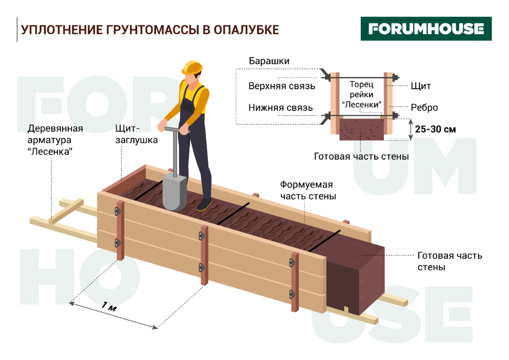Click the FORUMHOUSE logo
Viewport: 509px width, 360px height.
(426, 29)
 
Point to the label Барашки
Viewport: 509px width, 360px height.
(269, 61)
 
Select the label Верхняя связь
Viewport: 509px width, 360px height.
(282, 86)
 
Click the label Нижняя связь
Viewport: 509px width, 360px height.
(280, 108)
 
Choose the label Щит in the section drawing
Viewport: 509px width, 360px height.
(421, 86)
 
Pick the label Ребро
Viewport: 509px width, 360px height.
(424, 108)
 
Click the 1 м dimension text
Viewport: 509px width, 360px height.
(110, 308)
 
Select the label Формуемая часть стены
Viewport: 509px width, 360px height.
(308, 191)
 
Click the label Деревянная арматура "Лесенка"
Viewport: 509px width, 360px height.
(55, 140)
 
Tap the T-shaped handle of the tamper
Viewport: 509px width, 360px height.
(174, 129)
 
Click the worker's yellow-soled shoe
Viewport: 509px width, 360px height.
(204, 205)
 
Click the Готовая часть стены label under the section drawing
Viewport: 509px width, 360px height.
(361, 157)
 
